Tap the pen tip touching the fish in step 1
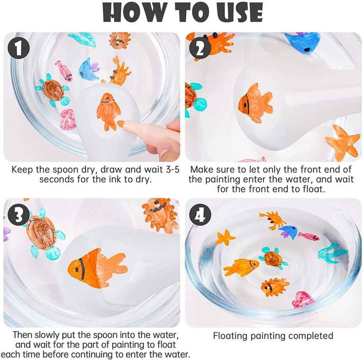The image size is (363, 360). click(120, 124)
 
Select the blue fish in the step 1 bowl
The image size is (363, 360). click(88, 69)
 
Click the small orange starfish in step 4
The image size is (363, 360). click(225, 237)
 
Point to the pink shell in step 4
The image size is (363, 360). click(302, 299)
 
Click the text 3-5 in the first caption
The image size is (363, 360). click(170, 169)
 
